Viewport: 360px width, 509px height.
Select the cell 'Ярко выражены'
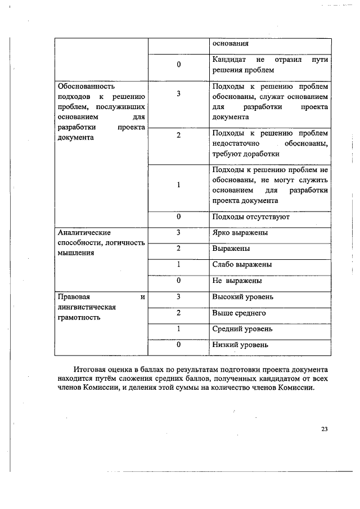click(240, 232)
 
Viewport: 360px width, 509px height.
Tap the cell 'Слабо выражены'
click(242, 264)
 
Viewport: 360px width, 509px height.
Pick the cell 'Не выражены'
click(237, 280)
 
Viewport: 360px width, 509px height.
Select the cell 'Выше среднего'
click(239, 313)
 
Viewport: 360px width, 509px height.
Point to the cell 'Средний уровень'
click(242, 328)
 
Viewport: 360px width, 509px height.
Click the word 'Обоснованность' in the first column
click(86, 87)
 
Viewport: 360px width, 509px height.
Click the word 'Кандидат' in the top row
click(227, 60)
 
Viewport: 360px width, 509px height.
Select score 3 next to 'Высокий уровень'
click(178, 296)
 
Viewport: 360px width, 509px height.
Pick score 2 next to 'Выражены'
click(178, 248)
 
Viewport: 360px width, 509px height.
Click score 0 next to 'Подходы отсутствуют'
click(178, 217)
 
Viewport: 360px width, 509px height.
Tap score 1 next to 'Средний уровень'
click(178, 328)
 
